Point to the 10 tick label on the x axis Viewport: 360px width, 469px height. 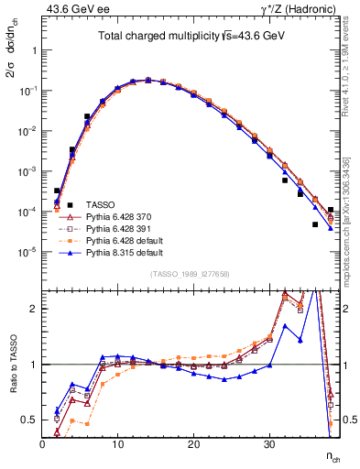coord(117,444)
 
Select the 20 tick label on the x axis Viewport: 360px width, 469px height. coord(193,444)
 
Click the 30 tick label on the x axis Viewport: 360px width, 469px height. coord(268,444)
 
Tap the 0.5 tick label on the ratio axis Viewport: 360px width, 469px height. coord(28,420)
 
